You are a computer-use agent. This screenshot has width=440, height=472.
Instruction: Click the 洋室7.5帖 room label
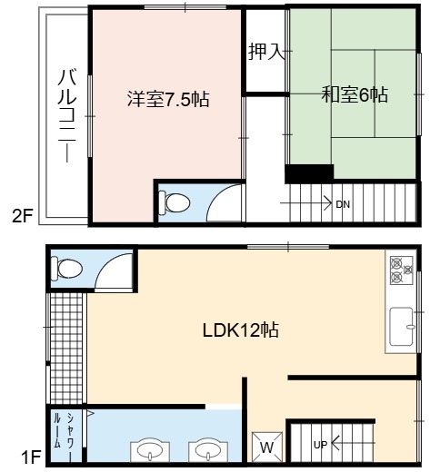pos(168,99)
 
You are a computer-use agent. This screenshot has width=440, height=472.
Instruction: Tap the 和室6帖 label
pos(355,94)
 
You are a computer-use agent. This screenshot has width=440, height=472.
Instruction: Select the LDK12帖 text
pos(240,329)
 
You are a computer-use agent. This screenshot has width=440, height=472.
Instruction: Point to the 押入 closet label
pos(266,52)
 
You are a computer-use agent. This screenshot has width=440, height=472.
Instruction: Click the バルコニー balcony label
pos(67,115)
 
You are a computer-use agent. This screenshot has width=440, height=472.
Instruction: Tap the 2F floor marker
pos(22,216)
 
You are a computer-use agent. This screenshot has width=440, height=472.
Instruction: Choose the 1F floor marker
pos(31,457)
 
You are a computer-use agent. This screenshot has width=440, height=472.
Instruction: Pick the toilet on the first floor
pos(66,269)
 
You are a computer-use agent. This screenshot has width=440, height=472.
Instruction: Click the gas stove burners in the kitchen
pos(402,270)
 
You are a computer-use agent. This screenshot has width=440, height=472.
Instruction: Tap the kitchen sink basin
pos(401,327)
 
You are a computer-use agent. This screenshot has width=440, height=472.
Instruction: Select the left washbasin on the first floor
pos(150,451)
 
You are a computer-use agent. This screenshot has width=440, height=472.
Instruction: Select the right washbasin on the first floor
pos(208,451)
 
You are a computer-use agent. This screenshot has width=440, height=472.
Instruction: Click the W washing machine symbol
pos(267,447)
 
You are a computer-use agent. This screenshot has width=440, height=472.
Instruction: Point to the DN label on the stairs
pos(343,204)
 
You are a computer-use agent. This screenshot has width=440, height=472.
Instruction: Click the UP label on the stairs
pos(321,445)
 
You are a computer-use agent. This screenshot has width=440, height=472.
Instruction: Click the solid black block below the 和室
pos(309,173)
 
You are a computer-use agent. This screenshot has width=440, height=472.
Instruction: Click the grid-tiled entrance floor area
pos(66,348)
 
